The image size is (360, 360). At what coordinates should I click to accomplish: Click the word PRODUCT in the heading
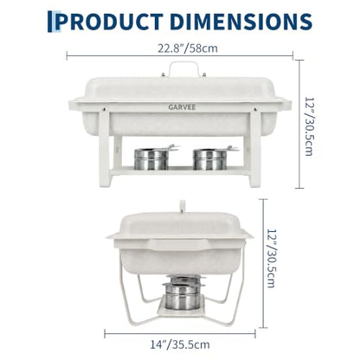click(x=109, y=22)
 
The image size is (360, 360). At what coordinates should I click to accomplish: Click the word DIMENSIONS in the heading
click(x=241, y=22)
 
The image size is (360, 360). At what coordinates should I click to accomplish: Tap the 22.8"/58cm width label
click(x=188, y=48)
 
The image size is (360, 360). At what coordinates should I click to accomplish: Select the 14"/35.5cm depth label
click(x=180, y=344)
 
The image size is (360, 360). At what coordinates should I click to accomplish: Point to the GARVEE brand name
click(x=182, y=107)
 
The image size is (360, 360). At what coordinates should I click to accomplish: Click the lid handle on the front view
click(x=184, y=68)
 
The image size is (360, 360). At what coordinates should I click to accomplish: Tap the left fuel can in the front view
click(x=152, y=158)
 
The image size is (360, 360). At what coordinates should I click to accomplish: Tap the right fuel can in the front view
click(x=211, y=158)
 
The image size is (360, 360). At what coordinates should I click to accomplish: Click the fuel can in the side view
click(x=183, y=292)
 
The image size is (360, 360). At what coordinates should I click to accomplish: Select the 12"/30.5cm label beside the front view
click(x=309, y=126)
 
